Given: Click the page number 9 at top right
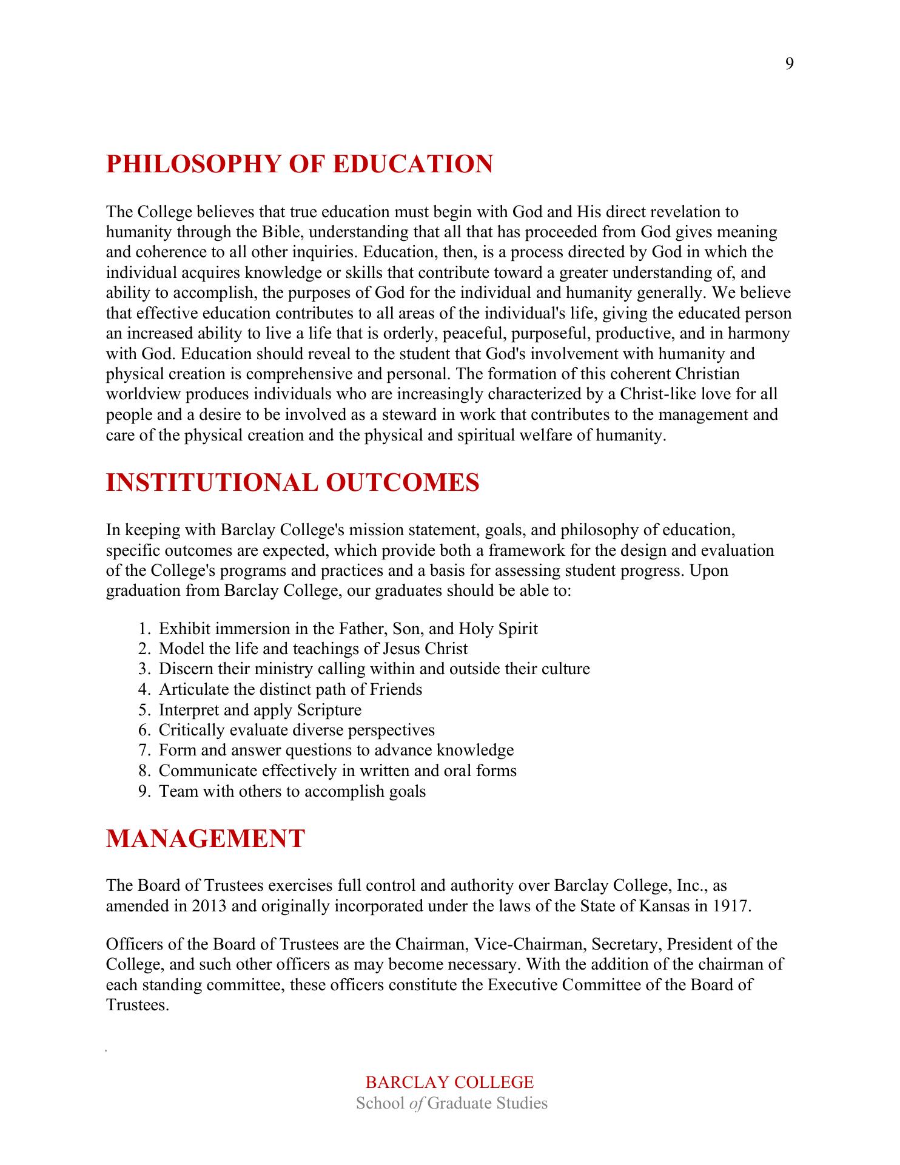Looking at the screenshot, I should (789, 64).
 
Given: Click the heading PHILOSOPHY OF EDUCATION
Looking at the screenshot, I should (300, 164).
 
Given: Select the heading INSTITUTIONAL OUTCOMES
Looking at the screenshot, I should (292, 482).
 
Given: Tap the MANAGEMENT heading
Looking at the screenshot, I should (205, 839).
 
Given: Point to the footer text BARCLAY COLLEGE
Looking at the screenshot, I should (449, 1082).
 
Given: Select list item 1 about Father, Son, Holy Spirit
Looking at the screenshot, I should (348, 629).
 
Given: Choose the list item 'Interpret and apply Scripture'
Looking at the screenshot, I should (260, 710).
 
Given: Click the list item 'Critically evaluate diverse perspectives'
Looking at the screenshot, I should (297, 730).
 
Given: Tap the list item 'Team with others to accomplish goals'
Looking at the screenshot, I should (292, 791).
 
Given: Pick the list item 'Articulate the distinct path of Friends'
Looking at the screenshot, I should (290, 689).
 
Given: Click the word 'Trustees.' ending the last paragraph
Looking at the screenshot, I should (136, 1005).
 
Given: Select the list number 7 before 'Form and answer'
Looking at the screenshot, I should (143, 751).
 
